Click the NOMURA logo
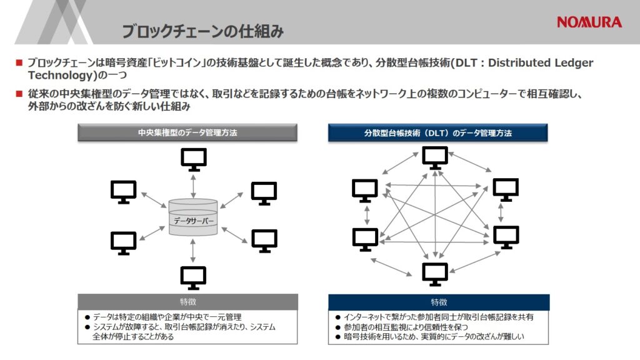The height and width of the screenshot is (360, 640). pos(589,22)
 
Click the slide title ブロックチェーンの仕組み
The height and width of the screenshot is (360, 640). pos(202,31)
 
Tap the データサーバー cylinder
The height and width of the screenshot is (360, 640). pos(193,217)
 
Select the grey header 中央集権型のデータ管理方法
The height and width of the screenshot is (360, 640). pos(187,132)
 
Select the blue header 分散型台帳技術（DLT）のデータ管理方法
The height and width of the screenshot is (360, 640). pos(437,132)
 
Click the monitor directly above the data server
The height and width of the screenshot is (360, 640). pos(194,159)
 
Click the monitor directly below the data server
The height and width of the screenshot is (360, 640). pos(194,278)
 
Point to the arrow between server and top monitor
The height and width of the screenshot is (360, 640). pos(193,186)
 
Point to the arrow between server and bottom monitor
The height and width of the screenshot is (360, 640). pos(193,251)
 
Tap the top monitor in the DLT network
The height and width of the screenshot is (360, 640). pos(435,157)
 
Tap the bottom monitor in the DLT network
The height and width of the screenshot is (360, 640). pos(435,274)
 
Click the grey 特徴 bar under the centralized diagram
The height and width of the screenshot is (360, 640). pos(187,302)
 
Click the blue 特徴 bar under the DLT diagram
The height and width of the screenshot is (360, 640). pos(439,302)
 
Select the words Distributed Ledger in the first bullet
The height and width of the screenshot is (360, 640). pos(541,63)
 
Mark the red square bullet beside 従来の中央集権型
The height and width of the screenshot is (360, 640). pos(19,94)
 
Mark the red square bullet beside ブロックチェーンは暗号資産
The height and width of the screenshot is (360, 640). pos(19,62)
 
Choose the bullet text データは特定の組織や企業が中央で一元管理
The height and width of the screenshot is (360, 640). pos(167,317)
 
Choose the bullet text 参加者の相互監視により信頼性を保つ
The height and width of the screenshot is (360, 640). pos(406,327)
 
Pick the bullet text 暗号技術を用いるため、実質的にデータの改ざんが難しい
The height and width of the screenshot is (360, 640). pos(434,337)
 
